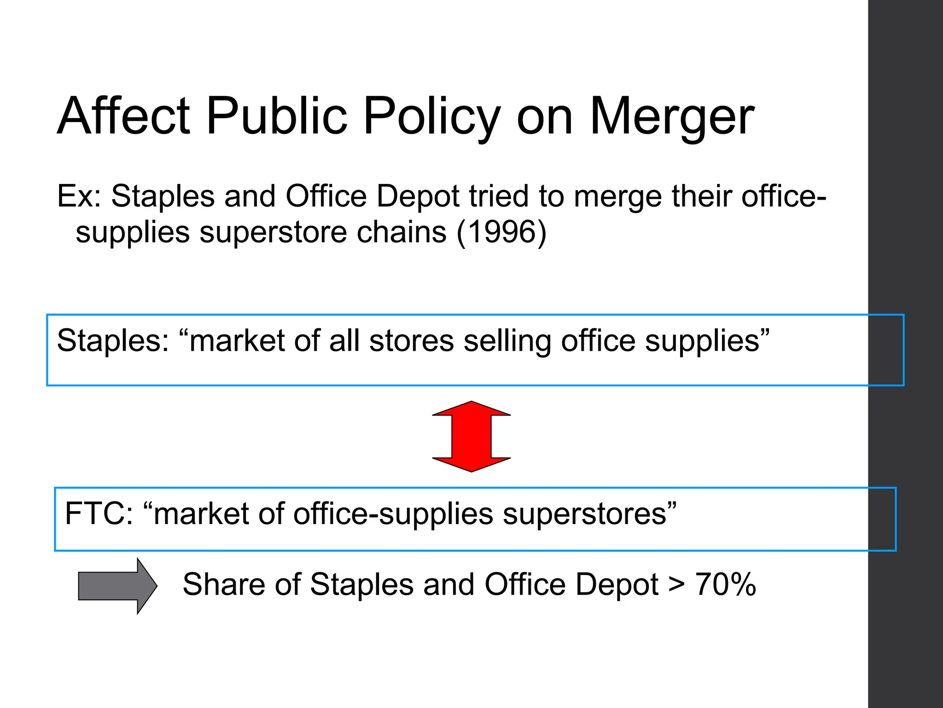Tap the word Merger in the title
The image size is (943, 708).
(672, 116)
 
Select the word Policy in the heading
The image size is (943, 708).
(432, 116)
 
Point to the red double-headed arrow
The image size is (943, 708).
(471, 436)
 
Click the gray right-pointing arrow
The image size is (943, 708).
(118, 586)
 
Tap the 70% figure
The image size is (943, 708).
(725, 584)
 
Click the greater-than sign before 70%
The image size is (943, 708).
(676, 584)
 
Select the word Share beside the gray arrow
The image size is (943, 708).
(224, 584)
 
